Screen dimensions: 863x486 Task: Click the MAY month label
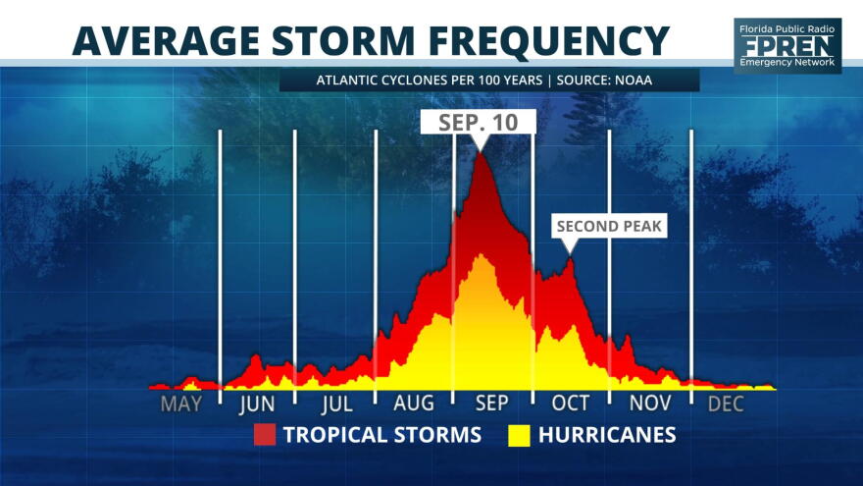(181, 404)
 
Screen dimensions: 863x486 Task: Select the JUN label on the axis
(257, 404)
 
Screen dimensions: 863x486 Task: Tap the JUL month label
(336, 404)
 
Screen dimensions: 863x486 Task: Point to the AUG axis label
(414, 404)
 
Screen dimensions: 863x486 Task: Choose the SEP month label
(492, 404)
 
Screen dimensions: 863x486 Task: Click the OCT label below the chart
(571, 404)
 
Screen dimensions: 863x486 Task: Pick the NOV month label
(650, 404)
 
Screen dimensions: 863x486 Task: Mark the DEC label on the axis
(726, 404)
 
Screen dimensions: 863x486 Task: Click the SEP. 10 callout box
(479, 123)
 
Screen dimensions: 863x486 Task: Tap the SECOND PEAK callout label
(609, 226)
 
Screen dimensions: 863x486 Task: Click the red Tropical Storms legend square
(265, 435)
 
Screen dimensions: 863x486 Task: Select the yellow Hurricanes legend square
(519, 435)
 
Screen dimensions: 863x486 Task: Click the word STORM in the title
(343, 41)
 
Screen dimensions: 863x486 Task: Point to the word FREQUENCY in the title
(549, 42)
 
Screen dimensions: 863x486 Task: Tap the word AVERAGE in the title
(166, 41)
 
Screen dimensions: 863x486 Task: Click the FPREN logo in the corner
(787, 46)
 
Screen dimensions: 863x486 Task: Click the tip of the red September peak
(481, 153)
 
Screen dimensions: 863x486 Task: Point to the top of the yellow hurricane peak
(482, 254)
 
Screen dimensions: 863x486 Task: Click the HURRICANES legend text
(607, 435)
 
